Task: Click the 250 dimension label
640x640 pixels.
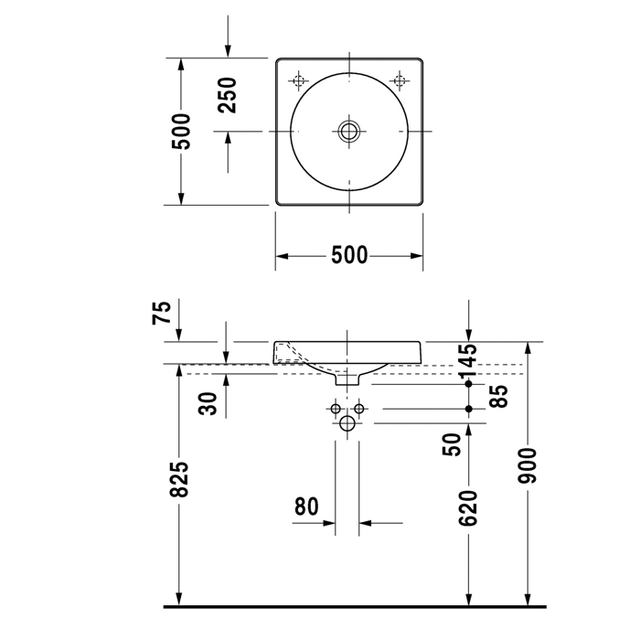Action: [227, 95]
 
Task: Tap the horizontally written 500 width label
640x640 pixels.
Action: [348, 255]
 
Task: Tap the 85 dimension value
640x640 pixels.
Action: [498, 395]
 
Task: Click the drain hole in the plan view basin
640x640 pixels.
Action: [348, 132]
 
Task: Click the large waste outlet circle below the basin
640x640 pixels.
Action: [347, 424]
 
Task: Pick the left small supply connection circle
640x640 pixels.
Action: [336, 407]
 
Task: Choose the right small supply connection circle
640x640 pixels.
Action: [359, 407]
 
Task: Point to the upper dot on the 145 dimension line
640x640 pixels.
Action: [469, 384]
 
